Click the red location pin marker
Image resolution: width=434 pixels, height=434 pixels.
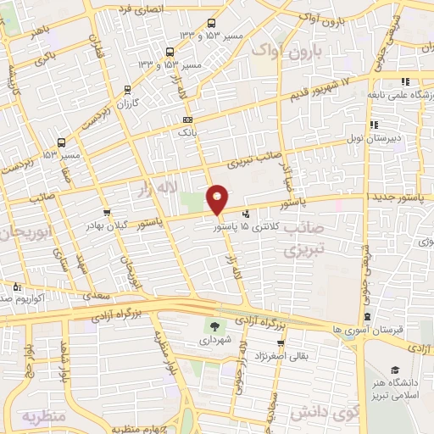(x=218, y=198)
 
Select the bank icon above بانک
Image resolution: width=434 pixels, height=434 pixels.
(x=187, y=120)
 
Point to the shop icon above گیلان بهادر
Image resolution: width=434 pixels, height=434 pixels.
(x=107, y=212)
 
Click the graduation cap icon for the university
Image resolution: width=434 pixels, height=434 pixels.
(x=395, y=370)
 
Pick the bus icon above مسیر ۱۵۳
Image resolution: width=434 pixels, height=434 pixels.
(x=62, y=142)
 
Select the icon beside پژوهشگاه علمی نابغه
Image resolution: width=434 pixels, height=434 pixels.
(x=406, y=81)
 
